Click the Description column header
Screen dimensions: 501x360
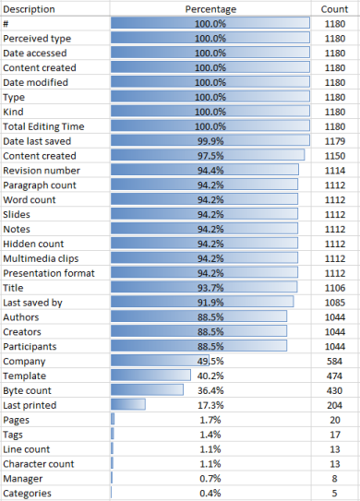30,8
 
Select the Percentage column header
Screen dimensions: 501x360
210,8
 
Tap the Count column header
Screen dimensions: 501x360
334,8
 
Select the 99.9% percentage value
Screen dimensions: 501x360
210,141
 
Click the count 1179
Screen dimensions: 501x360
334,141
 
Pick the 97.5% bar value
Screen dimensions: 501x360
210,156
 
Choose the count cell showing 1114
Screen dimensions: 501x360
334,171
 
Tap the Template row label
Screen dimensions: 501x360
25,376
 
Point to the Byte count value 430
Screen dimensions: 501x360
334,391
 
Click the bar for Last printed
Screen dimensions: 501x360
128,406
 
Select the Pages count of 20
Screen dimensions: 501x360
334,421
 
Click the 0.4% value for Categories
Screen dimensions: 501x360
210,495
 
